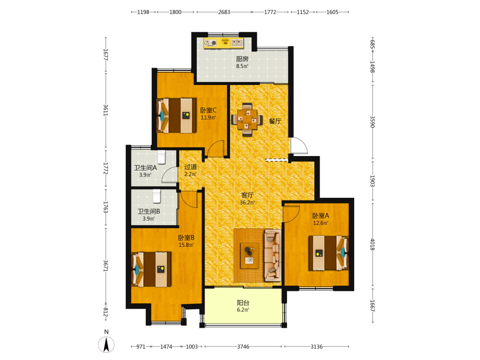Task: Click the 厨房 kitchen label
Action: (x=242, y=59)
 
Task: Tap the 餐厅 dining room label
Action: (x=275, y=121)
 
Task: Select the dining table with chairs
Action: (x=247, y=120)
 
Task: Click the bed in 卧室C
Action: (x=176, y=115)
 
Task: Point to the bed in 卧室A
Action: (x=328, y=253)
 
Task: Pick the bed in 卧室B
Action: (x=151, y=269)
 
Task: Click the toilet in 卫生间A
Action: (x=161, y=157)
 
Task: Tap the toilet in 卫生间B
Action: (x=157, y=196)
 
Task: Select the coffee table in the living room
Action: (x=250, y=256)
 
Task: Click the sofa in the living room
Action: (x=273, y=255)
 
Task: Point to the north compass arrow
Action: (x=106, y=344)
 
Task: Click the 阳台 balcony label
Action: (x=243, y=303)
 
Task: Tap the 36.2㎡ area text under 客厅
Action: (x=247, y=203)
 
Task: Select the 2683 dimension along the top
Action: (x=224, y=12)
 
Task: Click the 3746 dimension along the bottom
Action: (x=243, y=347)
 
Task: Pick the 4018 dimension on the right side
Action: (x=372, y=245)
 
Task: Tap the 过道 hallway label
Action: (x=191, y=167)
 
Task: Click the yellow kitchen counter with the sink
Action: (x=224, y=43)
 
